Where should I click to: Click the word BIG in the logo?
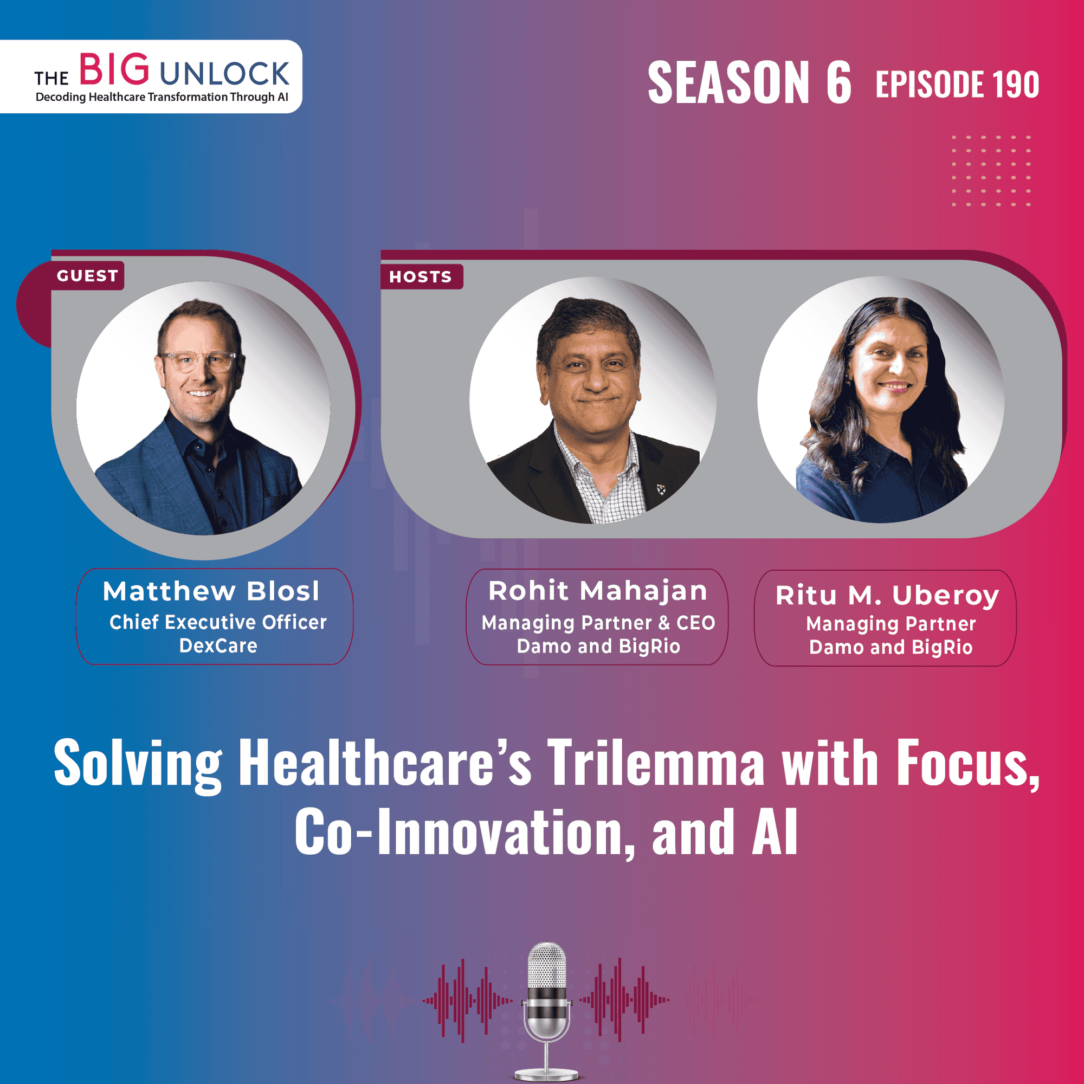114,70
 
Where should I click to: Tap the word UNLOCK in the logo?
224,74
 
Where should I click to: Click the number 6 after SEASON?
838,83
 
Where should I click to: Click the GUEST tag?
87,275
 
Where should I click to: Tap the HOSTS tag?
421,276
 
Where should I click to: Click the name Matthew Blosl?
211,591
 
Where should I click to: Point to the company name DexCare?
218,646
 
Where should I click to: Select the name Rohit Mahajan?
597,591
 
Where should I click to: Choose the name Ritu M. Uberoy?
887,595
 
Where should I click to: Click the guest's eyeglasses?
199,361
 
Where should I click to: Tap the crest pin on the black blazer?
661,489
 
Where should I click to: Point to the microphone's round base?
547,1073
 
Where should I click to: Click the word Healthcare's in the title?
385,763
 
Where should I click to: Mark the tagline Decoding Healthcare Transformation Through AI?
162,97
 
